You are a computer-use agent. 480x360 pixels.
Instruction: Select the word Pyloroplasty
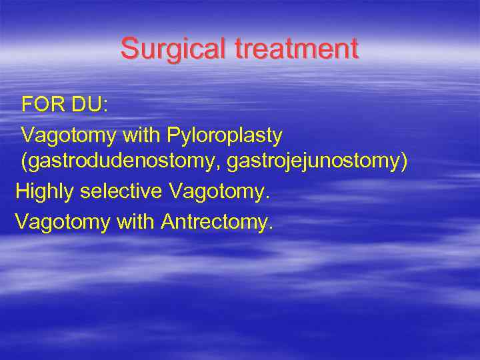pos(225,135)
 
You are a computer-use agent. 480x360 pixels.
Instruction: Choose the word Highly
pos(44,192)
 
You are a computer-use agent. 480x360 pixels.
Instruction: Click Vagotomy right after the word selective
pos(219,192)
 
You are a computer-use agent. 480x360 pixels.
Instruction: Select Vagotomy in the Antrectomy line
pos(63,221)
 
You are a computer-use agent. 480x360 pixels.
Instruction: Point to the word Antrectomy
pos(217,221)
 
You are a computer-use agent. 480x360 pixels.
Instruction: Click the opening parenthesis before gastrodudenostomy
pos(25,164)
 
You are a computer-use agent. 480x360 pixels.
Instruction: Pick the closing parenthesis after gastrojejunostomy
pos(403,164)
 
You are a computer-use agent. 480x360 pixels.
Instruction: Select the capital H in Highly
pos(21,191)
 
